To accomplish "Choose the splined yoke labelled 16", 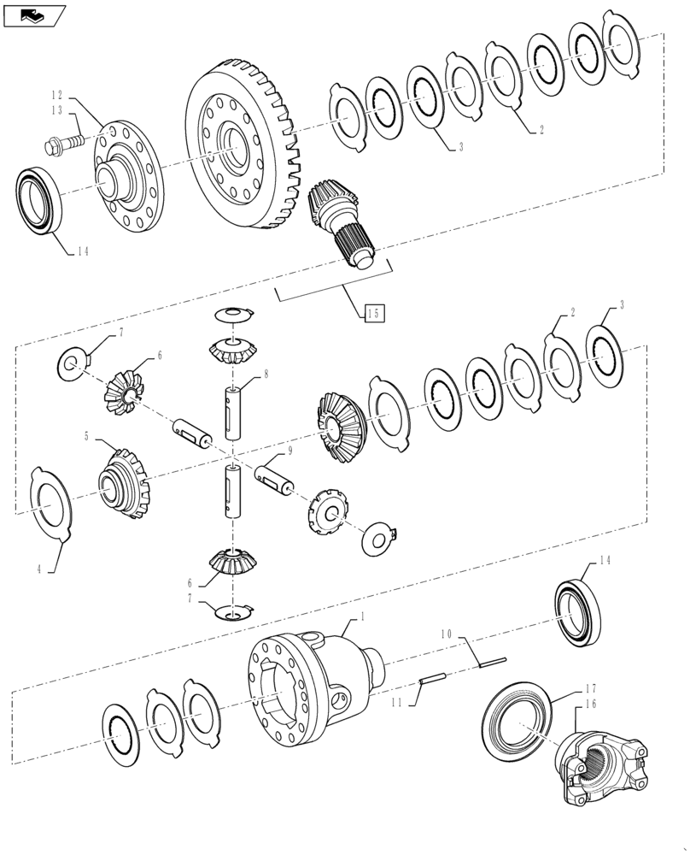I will tap(602, 762).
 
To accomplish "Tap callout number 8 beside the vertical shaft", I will tap(266, 374).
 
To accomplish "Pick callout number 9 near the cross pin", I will tap(289, 450).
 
